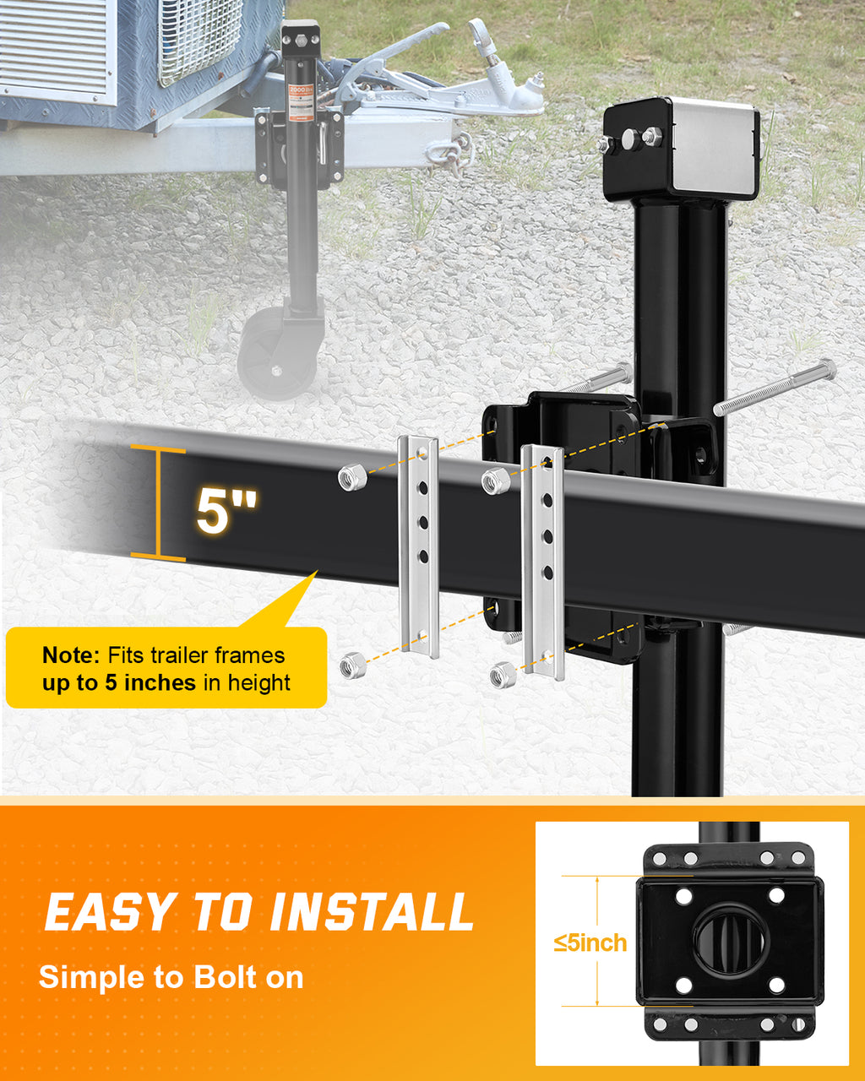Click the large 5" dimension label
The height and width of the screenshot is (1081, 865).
(226, 509)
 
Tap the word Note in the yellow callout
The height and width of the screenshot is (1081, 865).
(71, 655)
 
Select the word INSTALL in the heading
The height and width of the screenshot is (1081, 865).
(372, 912)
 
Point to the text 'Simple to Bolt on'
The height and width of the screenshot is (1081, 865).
(171, 977)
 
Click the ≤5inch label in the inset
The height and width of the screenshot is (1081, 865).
(590, 942)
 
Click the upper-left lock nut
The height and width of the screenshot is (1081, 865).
(351, 477)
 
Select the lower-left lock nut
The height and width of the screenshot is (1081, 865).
(352, 665)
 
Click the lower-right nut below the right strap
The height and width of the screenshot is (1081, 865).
(503, 674)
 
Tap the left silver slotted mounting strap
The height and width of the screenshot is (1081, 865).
(420, 545)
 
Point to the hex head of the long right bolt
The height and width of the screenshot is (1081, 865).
(824, 370)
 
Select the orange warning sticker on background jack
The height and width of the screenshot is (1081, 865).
(299, 101)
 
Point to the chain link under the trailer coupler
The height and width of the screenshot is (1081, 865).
(448, 154)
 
